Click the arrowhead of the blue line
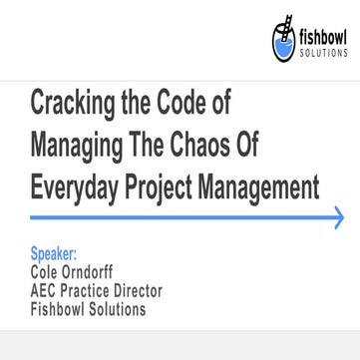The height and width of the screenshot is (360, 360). tap(339, 218)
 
